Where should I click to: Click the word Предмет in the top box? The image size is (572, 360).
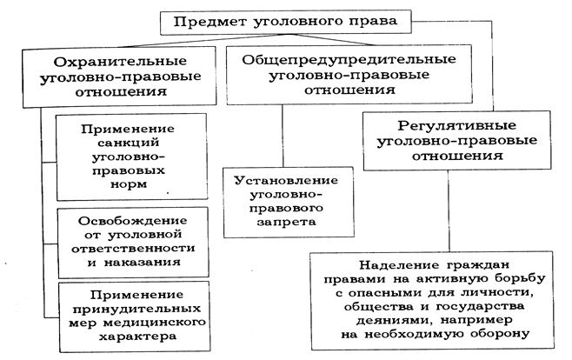point(210,22)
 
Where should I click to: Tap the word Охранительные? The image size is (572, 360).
point(120,62)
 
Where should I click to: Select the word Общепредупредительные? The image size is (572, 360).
point(349,59)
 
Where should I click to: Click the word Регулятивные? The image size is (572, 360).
point(456,126)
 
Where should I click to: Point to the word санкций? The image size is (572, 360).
point(129,143)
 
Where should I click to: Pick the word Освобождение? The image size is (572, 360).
point(133,221)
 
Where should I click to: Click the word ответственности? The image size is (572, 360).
point(133,249)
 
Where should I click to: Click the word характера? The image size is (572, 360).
point(137,337)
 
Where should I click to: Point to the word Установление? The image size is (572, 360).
point(286,181)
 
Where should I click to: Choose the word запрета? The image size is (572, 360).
point(286,222)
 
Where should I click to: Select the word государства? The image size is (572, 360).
point(480,306)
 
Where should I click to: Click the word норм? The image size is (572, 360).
point(129,184)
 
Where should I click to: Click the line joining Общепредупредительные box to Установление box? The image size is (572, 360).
point(283,136)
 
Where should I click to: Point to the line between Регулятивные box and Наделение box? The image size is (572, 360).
point(449,210)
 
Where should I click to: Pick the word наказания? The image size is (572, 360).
point(143,263)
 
